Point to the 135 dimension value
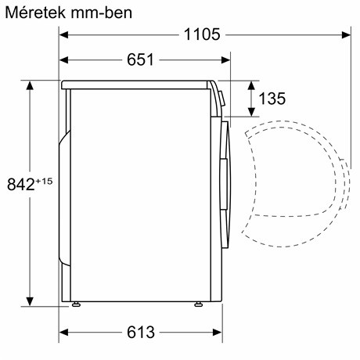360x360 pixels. tap(271, 99)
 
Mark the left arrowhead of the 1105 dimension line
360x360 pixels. tap(66, 34)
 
